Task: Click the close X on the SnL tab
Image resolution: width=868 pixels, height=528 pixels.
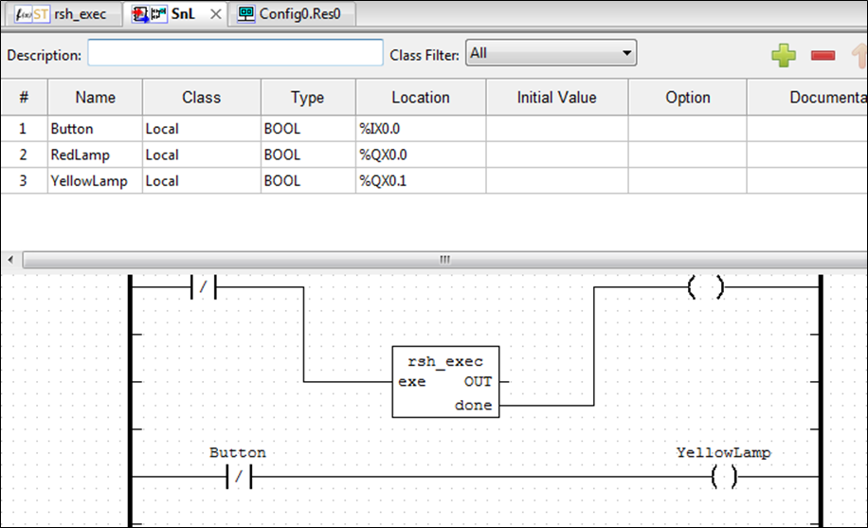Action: point(216,14)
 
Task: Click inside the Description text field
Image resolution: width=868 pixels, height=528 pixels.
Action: point(235,53)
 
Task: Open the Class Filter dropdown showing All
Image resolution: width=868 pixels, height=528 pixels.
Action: point(551,53)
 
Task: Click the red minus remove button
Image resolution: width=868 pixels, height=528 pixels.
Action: point(823,55)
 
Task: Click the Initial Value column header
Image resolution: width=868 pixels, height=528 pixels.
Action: point(557,98)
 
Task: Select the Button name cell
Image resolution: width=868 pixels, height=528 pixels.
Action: point(95,129)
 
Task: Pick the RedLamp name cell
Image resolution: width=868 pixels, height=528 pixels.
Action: point(95,155)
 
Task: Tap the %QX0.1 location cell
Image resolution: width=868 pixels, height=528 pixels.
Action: point(421,181)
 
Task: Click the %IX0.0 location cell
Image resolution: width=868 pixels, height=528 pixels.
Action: point(421,129)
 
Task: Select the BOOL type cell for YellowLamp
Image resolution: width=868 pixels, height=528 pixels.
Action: point(308,181)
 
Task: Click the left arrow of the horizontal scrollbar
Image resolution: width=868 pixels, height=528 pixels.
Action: point(10,260)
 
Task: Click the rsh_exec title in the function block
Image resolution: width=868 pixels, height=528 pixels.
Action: point(445,361)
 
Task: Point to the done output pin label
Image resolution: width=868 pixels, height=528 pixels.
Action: point(473,405)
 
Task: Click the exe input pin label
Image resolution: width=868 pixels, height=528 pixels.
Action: point(412,382)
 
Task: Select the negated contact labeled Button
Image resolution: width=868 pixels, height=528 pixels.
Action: point(239,477)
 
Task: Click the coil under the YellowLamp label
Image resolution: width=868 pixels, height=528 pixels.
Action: point(724,477)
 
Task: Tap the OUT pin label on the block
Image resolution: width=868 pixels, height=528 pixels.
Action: point(478,382)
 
